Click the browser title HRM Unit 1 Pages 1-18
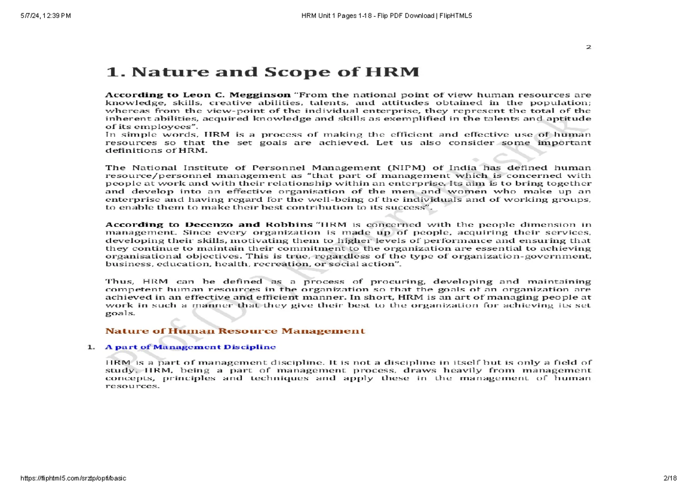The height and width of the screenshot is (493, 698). (348, 16)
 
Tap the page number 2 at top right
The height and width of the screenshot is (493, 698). (588, 47)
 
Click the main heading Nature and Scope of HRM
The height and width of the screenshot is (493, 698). (262, 72)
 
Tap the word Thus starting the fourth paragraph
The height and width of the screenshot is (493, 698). (117, 281)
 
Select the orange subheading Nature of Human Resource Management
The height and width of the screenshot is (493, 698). (235, 331)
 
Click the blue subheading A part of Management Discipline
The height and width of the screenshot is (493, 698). (190, 347)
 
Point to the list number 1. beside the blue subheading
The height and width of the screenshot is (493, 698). (90, 348)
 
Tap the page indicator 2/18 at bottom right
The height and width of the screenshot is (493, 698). (669, 478)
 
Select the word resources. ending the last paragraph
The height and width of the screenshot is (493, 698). (132, 386)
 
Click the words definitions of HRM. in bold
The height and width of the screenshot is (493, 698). (156, 151)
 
